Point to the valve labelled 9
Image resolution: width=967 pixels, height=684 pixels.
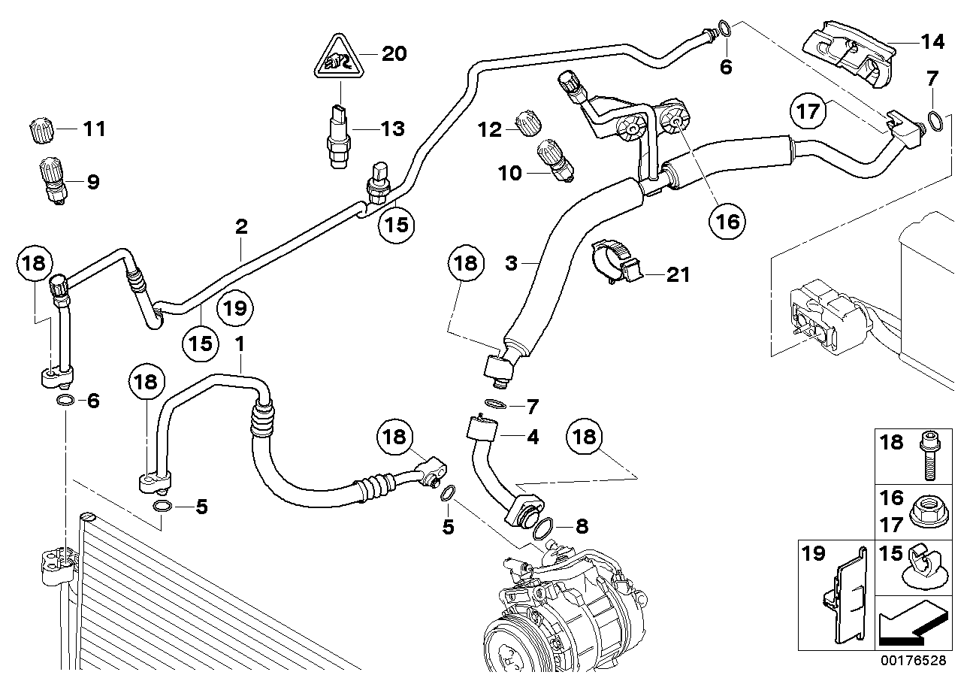50,181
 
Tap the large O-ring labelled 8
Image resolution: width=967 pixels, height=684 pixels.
546,528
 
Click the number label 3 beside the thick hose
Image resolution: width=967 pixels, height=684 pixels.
511,263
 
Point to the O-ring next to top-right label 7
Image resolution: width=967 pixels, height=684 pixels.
933,120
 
